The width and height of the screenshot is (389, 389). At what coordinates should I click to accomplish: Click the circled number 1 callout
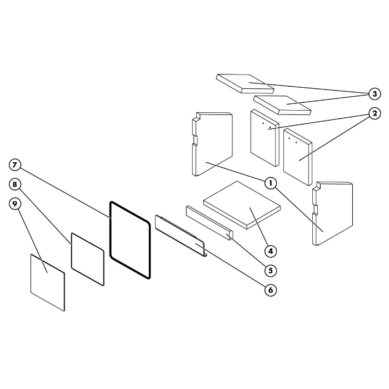pos(271,183)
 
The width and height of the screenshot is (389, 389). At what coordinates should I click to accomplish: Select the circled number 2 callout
pos(375,113)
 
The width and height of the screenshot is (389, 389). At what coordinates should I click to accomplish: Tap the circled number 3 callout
pos(375,94)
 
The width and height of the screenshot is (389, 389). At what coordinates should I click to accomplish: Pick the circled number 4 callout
pos(271,251)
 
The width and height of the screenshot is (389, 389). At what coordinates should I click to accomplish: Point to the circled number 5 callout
pos(271,271)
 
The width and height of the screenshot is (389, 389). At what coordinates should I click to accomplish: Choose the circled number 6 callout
pos(271,290)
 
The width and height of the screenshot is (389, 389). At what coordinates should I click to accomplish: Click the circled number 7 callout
pos(15,165)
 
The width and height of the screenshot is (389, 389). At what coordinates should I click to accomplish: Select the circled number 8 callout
pos(15,184)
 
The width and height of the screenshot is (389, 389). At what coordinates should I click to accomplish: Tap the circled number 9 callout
pos(15,204)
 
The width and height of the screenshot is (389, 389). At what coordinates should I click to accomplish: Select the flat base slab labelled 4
pos(242,205)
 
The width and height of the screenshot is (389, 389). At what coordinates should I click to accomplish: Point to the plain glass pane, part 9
pos(48,282)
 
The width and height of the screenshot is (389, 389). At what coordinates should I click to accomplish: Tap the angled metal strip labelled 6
pos(181,237)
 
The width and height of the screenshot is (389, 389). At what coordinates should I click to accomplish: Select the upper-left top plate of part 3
pos(245,83)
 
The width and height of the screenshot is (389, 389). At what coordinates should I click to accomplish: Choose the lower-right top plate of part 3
pos(282,105)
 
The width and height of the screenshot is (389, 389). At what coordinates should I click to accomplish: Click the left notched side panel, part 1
pos(212,144)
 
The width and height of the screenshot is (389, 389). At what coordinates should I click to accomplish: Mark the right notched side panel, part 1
pos(333,213)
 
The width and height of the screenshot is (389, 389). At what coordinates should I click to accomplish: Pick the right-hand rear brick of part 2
pos(297,157)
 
